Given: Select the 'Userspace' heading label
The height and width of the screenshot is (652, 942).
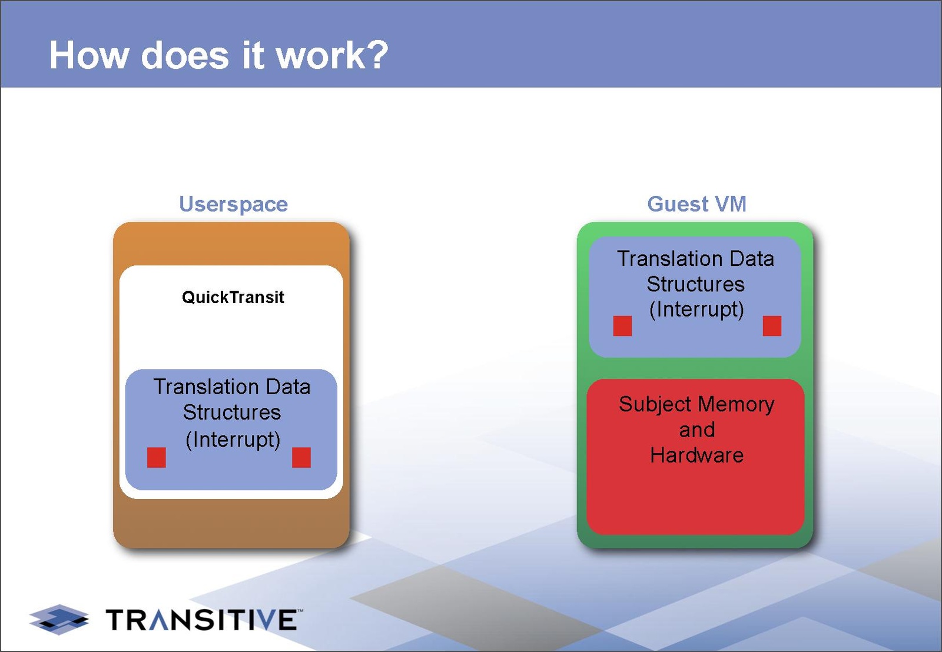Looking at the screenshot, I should (233, 204).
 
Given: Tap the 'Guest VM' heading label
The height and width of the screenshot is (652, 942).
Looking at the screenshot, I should (696, 204).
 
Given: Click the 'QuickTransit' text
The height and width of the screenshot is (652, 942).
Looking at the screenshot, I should (233, 297).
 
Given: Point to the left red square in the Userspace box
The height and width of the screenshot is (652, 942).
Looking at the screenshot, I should (157, 457).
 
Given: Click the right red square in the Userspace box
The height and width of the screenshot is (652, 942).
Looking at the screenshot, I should (301, 457).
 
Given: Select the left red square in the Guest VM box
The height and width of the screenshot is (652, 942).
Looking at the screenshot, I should (622, 325).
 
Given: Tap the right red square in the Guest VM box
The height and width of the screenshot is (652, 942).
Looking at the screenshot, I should (772, 325).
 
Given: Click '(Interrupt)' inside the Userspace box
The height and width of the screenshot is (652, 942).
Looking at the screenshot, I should (233, 439).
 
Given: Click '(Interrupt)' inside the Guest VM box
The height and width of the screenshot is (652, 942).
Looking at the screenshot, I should (696, 309).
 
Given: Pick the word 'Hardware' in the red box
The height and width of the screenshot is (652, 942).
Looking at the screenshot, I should (696, 455).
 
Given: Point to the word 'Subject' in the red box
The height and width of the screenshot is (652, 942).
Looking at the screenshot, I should (655, 404).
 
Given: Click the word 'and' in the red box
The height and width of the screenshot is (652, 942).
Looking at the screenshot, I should (696, 430).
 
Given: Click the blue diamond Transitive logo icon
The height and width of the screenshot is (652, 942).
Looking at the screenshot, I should (59, 619).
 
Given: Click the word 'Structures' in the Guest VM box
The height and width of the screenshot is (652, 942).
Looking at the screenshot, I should (695, 284).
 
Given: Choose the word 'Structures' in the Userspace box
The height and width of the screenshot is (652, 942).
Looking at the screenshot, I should (232, 412).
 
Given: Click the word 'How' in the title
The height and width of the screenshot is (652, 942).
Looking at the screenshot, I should (89, 55).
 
